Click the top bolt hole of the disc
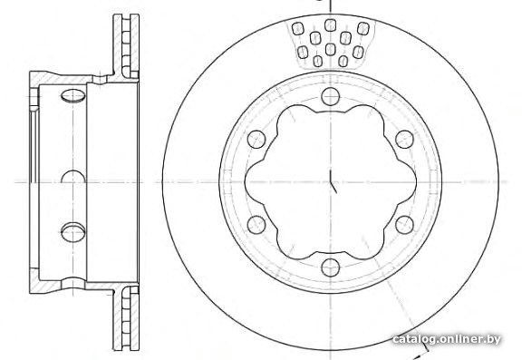pos(330,96)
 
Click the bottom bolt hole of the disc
pos(331,268)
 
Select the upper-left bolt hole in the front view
pos(256,140)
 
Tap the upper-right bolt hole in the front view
pos(404,140)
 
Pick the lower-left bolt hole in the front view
pos(256,225)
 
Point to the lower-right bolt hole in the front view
pos(404,225)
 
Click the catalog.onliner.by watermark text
pos(447,339)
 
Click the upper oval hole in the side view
pos(72,95)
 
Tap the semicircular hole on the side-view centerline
pos(72,177)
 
